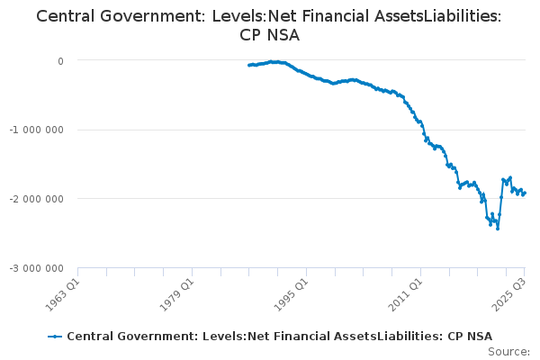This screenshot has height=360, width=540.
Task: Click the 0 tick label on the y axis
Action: (x=60, y=61)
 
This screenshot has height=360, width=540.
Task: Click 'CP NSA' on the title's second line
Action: (x=270, y=36)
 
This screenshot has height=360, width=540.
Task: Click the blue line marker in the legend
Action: (x=55, y=337)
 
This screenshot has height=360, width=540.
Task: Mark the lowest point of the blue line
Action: (x=498, y=229)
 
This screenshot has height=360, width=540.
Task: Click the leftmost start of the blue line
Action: (x=248, y=65)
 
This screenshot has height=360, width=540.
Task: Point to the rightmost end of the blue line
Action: (x=525, y=193)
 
